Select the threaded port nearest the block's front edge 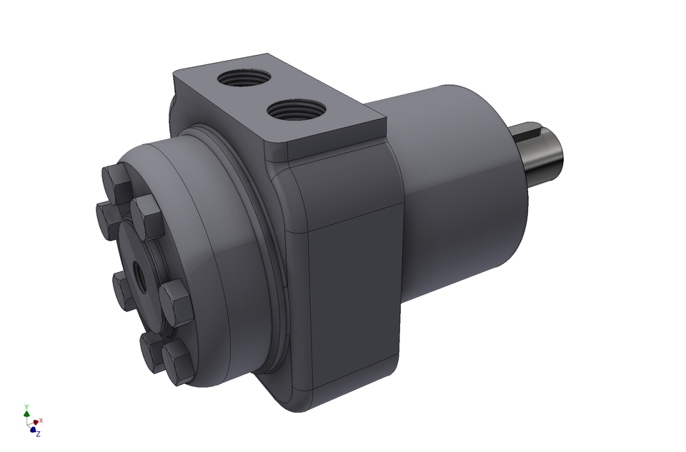pos(292,111)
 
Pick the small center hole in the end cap pos(138,276)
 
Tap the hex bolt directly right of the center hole pos(174,298)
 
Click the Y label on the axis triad pos(26,405)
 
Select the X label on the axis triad pos(41,421)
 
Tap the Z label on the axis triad pos(38,433)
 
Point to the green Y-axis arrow pos(26,413)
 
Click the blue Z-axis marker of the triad pos(33,429)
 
